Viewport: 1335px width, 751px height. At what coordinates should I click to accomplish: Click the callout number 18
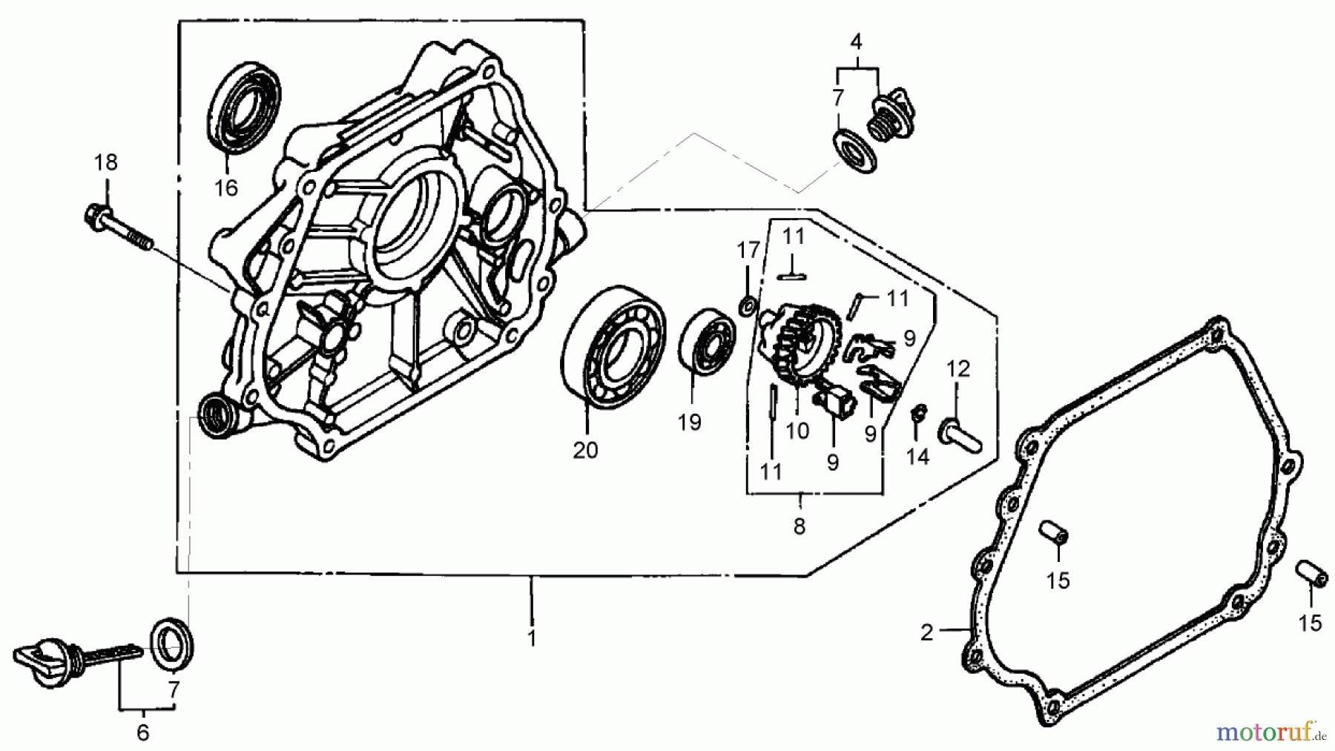click(106, 162)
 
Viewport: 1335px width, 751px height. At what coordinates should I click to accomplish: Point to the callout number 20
click(585, 450)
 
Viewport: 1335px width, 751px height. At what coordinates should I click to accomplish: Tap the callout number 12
click(957, 369)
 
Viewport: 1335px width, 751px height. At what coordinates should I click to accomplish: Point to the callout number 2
click(926, 633)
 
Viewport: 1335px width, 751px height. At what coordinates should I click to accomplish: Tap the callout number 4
click(857, 42)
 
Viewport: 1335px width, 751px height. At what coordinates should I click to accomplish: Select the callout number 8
click(799, 527)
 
